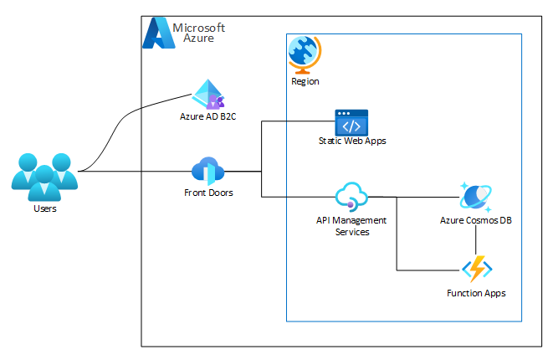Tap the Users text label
click(44, 208)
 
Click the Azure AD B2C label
click(207, 116)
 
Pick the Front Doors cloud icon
click(207, 171)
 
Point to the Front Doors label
click(208, 193)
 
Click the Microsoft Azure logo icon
click(156, 34)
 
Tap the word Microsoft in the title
click(198, 28)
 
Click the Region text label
click(305, 82)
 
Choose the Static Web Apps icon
click(351, 122)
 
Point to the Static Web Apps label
click(352, 141)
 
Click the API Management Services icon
click(351, 197)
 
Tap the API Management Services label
click(351, 226)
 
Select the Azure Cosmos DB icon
click(475, 196)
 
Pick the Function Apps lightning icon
click(476, 270)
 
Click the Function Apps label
click(476, 293)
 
